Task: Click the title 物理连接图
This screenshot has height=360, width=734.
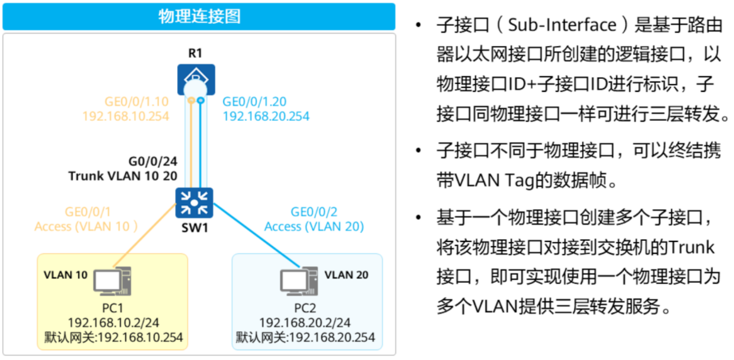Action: pyautogui.click(x=199, y=17)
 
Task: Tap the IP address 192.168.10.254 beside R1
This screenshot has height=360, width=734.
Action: pyautogui.click(x=125, y=116)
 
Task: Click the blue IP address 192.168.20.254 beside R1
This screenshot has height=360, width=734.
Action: pyautogui.click(x=265, y=116)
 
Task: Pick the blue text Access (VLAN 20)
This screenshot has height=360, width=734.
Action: pyautogui.click(x=314, y=226)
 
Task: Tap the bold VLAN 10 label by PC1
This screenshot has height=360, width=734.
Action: pyautogui.click(x=66, y=274)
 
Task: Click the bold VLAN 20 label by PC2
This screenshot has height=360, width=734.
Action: pyautogui.click(x=346, y=274)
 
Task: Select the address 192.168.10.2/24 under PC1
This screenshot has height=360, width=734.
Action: pyautogui.click(x=113, y=323)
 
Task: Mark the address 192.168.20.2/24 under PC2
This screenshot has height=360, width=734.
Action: pyautogui.click(x=305, y=323)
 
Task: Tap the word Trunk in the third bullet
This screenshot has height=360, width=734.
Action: pyautogui.click(x=691, y=248)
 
